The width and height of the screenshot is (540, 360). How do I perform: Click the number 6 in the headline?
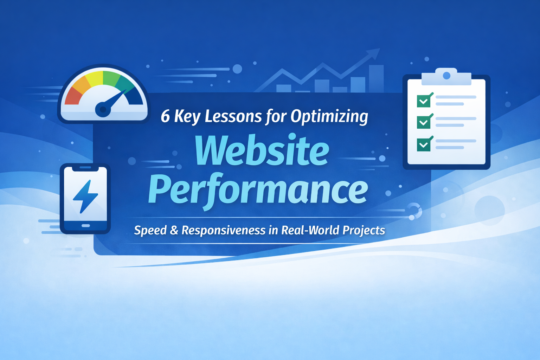[x=165, y=116]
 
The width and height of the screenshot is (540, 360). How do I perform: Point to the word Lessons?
[x=233, y=116]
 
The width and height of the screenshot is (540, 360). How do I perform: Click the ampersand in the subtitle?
[x=174, y=230]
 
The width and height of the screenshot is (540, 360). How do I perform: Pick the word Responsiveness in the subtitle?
[x=224, y=231]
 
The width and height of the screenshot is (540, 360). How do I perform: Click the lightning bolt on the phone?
[x=85, y=196]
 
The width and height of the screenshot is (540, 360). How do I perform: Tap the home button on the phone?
[x=86, y=226]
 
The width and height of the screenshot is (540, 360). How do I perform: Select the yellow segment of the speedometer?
[x=95, y=79]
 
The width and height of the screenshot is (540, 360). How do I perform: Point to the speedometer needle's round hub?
[x=103, y=109]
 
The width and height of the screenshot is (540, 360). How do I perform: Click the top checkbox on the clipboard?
[x=424, y=101]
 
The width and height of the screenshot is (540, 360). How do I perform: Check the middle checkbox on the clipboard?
[x=424, y=122]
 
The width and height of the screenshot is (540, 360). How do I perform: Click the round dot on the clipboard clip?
[x=446, y=76]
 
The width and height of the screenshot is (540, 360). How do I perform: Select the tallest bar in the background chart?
[x=376, y=79]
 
